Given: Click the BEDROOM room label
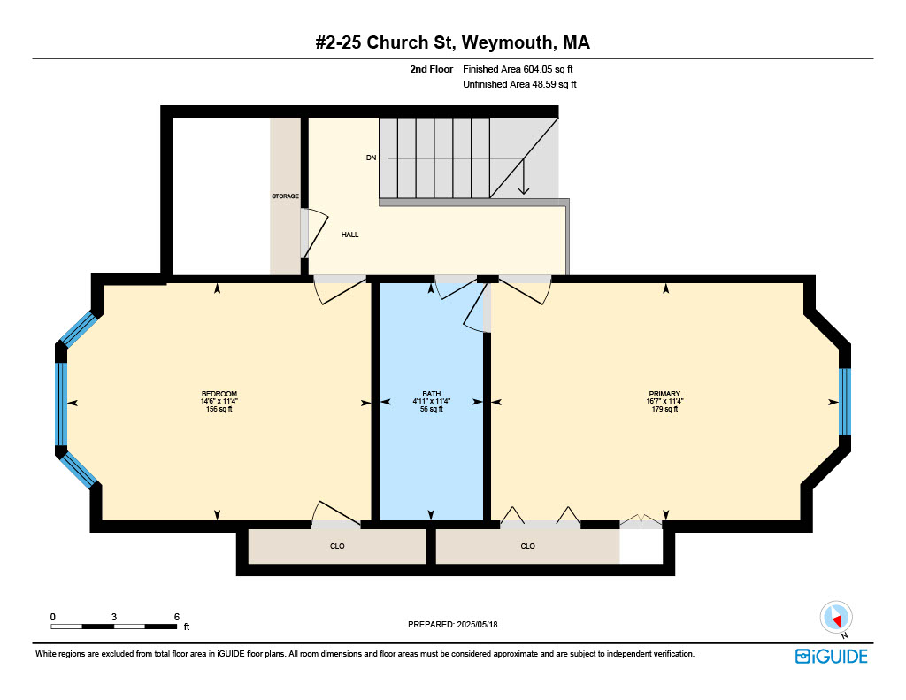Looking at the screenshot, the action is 219,394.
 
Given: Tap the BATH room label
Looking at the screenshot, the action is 431,394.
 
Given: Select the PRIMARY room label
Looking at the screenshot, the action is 664,394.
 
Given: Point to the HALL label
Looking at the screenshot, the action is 349,235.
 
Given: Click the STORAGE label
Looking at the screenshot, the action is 286,196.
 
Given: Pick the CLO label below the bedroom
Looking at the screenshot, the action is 337,546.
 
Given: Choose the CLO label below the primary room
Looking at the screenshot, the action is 527,546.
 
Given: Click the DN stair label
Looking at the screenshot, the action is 371,158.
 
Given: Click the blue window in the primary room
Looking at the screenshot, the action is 844,402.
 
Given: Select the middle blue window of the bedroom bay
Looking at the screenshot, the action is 61,404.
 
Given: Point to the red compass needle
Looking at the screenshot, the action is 835,619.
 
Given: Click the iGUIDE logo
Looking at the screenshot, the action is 831,657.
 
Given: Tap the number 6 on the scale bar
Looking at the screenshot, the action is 177,617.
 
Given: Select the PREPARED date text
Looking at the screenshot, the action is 452,624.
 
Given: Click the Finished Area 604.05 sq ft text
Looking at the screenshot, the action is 518,69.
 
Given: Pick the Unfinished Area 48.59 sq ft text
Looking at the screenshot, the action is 519,84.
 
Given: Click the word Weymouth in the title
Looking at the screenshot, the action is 507,42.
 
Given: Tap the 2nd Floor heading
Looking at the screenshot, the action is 432,69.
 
